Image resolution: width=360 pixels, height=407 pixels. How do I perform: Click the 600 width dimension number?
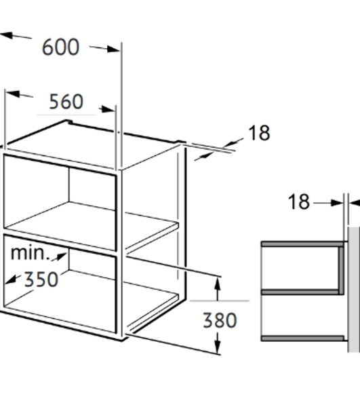pyautogui.click(x=61, y=47)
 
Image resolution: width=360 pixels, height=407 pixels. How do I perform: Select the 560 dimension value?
pyautogui.click(x=66, y=102)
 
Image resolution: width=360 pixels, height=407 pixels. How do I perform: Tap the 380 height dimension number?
pyautogui.click(x=220, y=320)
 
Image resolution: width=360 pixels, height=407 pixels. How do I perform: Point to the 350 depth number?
pyautogui.click(x=41, y=279)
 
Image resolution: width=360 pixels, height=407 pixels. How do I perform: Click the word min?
pyautogui.click(x=30, y=253)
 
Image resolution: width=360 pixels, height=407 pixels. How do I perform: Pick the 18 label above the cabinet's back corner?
pyautogui.click(x=259, y=133)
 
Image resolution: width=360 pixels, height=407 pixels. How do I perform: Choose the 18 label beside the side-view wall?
pyautogui.click(x=299, y=201)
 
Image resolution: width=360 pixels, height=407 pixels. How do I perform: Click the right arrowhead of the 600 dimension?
pyautogui.click(x=114, y=49)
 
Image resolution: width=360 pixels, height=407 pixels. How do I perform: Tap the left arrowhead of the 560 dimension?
pyautogui.click(x=12, y=94)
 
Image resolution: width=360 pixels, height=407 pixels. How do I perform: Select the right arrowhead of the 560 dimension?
pyautogui.click(x=107, y=109)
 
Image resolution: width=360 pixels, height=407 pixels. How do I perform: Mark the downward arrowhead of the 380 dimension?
pyautogui.click(x=218, y=347)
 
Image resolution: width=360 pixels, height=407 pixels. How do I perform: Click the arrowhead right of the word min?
pyautogui.click(x=61, y=256)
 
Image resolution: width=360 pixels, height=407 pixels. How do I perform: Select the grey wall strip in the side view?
pyautogui.click(x=354, y=290)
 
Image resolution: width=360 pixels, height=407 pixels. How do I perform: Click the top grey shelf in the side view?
pyautogui.click(x=304, y=244)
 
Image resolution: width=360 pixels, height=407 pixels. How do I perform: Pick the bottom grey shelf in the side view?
pyautogui.click(x=303, y=338)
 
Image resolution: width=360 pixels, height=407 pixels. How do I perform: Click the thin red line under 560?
pyautogui.click(x=66, y=114)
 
